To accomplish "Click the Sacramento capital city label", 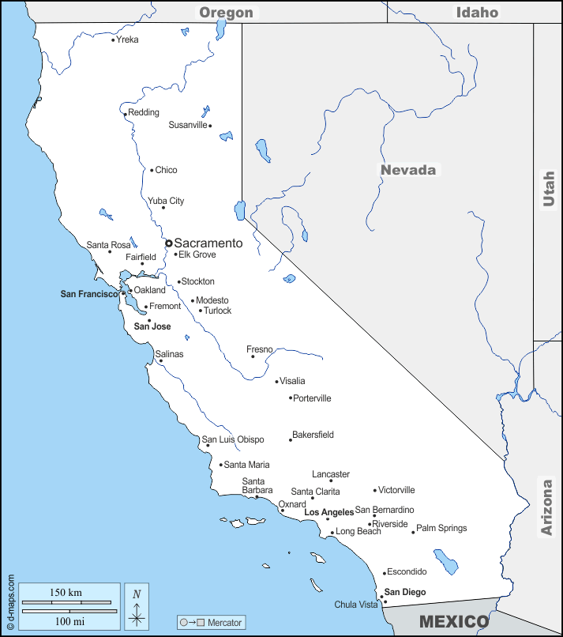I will [x=208, y=243].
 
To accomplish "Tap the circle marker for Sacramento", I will [x=168, y=243].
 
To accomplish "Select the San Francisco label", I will [x=88, y=294].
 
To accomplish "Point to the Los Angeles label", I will [x=329, y=512].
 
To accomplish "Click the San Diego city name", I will [x=405, y=592].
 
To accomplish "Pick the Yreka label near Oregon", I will [x=127, y=40].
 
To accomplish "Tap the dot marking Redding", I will [x=125, y=115].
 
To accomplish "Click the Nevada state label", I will [x=408, y=170].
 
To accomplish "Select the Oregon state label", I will [x=227, y=12].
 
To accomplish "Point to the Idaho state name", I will [x=477, y=12].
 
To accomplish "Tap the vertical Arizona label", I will [x=547, y=507].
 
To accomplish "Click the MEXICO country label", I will [x=453, y=621].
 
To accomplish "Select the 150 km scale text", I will [x=66, y=593].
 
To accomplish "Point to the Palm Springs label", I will [x=441, y=528].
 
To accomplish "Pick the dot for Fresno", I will [x=253, y=356].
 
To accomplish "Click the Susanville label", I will [x=188, y=125].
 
